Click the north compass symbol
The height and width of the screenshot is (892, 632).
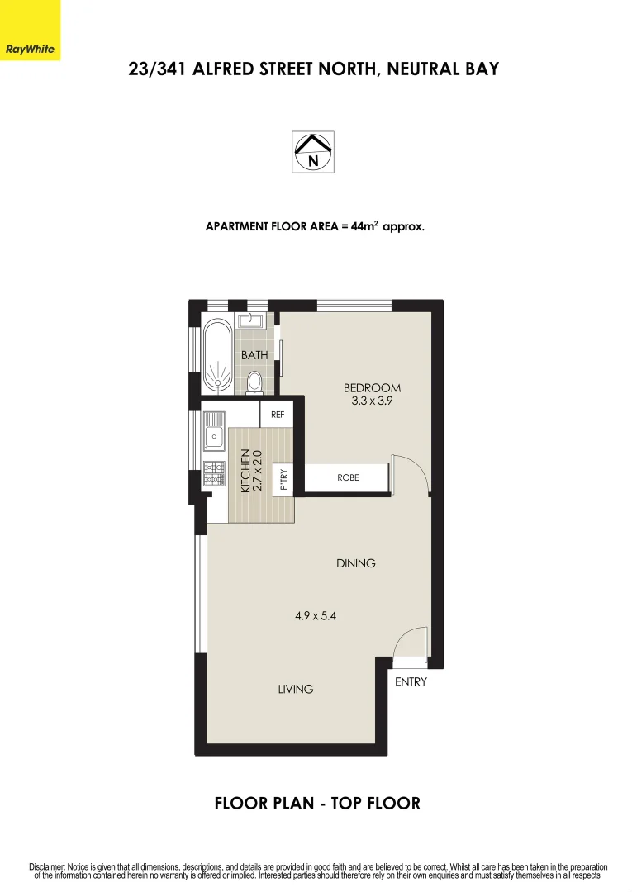pos(313,152)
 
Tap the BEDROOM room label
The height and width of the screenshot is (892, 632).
pos(372,388)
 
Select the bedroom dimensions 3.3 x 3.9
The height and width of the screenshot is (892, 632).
pos(372,401)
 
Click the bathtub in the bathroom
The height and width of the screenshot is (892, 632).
pos(218,355)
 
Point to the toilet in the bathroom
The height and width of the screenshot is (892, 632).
pos(254,382)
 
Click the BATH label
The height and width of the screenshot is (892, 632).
pos(254,355)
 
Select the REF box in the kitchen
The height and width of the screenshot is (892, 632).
pos(278,415)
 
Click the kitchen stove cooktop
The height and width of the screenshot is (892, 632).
pos(214,472)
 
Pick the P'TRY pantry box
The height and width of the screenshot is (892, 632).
pos(283,480)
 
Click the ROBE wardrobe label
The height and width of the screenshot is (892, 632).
pos(348,477)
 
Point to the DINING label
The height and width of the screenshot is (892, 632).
pos(356,563)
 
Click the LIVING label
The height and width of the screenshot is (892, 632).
pos(296,689)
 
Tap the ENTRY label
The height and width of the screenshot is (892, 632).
pos(411,682)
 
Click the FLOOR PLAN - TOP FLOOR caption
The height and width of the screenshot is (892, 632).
pos(317,803)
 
